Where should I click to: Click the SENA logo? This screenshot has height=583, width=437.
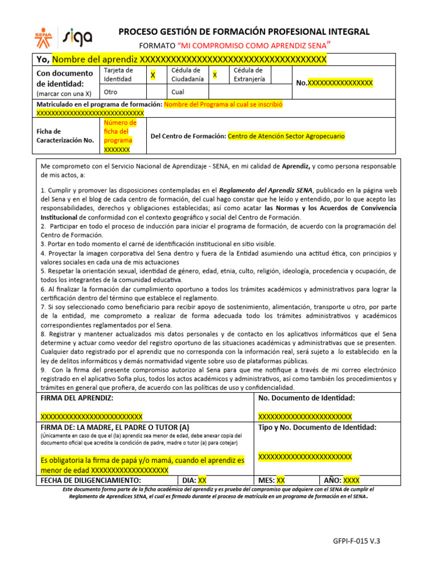[43, 38]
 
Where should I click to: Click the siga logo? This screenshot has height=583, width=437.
[77, 38]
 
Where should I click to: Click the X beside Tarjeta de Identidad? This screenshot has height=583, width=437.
[152, 75]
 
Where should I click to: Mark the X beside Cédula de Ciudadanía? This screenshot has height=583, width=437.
[215, 75]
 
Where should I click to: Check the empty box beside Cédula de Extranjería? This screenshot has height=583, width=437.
[278, 75]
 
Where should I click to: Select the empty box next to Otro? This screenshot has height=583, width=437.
[155, 92]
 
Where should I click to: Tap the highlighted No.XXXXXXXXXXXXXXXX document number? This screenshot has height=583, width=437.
[335, 83]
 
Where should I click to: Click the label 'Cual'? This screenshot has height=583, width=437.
[178, 92]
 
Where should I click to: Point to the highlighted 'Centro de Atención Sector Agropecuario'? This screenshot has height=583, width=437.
[286, 136]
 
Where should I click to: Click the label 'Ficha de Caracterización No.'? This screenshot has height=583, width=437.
[65, 136]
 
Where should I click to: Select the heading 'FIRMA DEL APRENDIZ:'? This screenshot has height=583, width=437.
[77, 398]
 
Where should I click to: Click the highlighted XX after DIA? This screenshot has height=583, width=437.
[202, 480]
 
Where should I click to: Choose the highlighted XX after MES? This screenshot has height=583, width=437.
[281, 480]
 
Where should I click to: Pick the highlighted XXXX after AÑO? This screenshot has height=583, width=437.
[351, 480]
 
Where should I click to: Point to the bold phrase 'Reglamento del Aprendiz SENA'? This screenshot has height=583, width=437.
[266, 190]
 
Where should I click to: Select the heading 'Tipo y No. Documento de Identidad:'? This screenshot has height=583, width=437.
[317, 427]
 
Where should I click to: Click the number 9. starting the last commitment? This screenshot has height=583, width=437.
[43, 369]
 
